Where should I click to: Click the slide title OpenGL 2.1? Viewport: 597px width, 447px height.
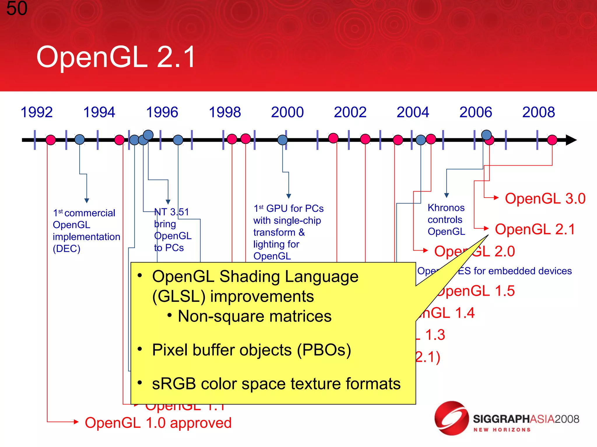116,57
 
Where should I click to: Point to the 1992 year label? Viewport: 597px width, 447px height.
36,112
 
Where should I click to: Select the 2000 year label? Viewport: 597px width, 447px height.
287,112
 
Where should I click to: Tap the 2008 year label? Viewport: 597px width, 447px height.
538,112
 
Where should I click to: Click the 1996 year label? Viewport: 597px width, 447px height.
162,112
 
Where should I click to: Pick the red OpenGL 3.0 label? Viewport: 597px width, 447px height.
545,199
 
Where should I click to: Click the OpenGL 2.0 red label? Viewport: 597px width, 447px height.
474,251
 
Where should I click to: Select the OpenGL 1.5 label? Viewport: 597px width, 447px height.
476,291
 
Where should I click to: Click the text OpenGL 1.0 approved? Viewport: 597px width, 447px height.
158,423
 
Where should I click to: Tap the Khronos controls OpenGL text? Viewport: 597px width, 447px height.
446,220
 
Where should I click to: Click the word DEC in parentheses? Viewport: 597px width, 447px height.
66,249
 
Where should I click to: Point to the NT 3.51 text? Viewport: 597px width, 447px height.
171,212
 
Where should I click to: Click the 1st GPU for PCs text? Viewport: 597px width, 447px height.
288,209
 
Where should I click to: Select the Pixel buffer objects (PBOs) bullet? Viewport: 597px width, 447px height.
251,350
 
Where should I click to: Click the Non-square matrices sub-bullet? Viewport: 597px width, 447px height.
254,316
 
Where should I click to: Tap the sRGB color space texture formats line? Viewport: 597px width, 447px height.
276,384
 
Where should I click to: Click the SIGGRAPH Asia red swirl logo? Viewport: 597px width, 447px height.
451,418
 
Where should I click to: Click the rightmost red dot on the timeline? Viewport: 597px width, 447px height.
552,140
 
